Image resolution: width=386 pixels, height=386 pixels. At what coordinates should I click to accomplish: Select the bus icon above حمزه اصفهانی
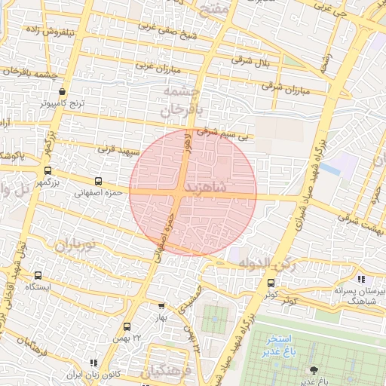(99, 181)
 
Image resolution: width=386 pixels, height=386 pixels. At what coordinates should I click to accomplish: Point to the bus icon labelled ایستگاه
(38, 275)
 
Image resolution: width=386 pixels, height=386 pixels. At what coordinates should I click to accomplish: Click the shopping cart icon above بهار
(161, 306)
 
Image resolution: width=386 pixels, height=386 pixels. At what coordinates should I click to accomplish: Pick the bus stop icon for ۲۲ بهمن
(127, 326)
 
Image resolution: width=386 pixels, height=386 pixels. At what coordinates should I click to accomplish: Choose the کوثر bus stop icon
(271, 283)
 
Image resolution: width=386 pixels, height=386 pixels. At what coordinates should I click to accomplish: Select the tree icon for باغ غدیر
(313, 369)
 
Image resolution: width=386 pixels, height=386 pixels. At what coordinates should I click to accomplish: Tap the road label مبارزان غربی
(166, 66)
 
